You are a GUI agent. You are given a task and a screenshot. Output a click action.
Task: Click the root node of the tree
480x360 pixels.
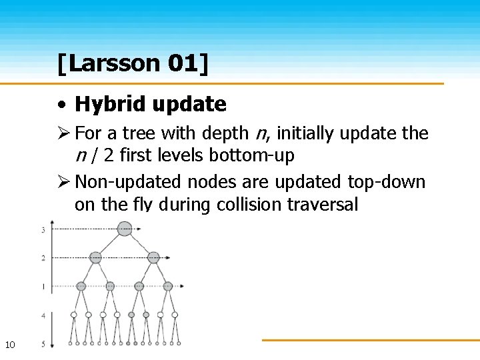[x=125, y=229]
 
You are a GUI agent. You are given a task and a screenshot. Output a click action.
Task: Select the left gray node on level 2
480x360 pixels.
[x=95, y=257]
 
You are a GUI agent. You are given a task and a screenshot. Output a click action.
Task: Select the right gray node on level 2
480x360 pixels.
[x=153, y=257]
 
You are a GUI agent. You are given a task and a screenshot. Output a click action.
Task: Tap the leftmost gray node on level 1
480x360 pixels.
[x=81, y=286]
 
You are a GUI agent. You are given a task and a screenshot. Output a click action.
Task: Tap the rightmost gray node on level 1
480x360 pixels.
[x=168, y=286]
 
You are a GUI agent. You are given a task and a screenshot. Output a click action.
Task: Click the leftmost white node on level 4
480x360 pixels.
[x=73, y=314]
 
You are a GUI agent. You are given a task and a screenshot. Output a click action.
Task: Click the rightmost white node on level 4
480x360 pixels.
[x=175, y=314]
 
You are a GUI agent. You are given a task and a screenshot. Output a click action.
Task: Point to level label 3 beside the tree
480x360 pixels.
[x=43, y=230]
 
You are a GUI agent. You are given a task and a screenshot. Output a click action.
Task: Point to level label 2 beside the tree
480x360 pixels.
[x=43, y=257]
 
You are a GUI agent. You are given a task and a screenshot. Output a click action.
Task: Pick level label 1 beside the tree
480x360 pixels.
[x=43, y=286]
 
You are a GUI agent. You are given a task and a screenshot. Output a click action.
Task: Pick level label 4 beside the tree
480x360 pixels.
[x=43, y=314]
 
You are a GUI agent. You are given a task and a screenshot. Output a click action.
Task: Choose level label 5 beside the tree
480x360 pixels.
[x=43, y=344]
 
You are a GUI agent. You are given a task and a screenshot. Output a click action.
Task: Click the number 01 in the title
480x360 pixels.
[x=182, y=63]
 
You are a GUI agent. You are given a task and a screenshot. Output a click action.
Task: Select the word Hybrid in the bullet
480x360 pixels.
[x=111, y=104]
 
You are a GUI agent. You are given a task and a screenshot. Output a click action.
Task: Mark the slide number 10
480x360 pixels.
[x=10, y=345]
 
